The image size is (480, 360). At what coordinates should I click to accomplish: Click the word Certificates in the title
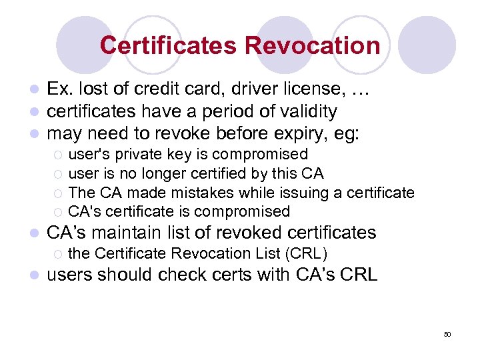(168, 46)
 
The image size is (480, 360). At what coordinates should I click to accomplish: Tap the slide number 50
(447, 334)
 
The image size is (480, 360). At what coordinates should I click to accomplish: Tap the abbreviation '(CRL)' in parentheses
(305, 253)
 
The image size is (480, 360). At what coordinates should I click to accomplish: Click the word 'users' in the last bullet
(72, 275)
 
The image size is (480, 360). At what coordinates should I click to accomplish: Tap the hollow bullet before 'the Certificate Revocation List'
(58, 254)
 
